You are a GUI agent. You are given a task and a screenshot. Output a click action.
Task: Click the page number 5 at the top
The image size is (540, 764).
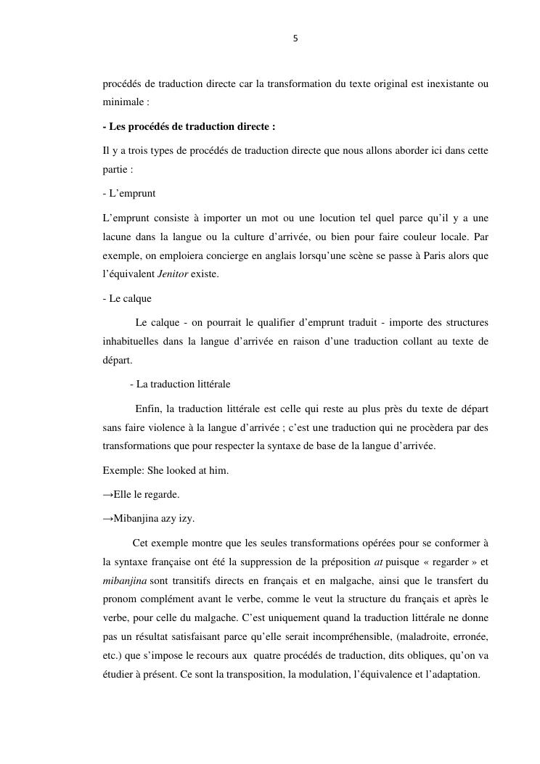(x=295, y=38)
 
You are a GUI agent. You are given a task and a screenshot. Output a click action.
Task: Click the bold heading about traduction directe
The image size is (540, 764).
(x=189, y=126)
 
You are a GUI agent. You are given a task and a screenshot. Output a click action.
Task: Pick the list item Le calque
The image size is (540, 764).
(x=127, y=298)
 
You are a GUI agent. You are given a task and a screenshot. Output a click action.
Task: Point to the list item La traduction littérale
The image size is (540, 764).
(x=179, y=384)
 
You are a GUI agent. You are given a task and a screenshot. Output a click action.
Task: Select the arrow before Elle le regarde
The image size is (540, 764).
(x=108, y=494)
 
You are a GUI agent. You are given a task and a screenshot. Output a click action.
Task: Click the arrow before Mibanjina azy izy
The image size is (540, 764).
(x=108, y=518)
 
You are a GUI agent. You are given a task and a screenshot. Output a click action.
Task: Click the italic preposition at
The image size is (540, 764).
(x=388, y=562)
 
